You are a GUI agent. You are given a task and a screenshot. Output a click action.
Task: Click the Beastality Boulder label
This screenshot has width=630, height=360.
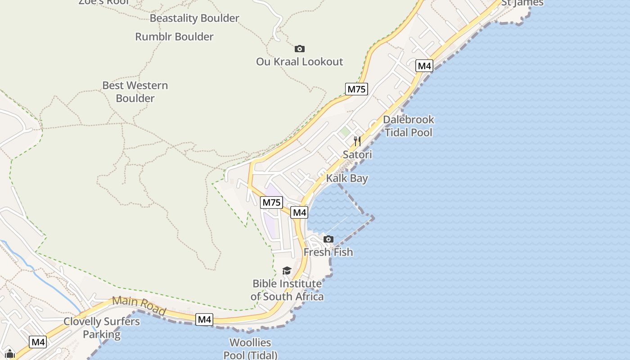194,18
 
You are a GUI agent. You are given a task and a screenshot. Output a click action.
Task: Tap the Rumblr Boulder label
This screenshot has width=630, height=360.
174,37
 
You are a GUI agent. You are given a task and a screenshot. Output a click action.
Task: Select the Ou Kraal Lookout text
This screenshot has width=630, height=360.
300,62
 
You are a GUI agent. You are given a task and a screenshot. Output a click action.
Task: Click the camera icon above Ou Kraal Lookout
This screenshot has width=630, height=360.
300,49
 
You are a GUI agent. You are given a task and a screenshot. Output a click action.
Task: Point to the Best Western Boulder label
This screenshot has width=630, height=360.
135,92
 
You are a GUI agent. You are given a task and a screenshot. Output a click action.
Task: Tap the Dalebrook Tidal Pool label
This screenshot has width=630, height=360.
409,126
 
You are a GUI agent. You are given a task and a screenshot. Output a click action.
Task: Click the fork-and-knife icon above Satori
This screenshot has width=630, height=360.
357,141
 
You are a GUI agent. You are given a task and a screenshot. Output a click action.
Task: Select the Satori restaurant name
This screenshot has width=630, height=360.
357,155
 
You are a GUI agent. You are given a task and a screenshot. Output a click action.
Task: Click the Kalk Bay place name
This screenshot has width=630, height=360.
347,179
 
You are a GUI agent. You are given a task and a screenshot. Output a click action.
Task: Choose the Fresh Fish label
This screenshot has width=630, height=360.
328,252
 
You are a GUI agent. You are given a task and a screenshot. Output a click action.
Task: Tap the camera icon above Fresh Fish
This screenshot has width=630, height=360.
328,239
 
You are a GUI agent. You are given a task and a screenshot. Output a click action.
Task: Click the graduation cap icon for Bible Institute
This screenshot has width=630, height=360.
287,270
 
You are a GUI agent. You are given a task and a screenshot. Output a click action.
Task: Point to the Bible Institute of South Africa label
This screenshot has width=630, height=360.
287,290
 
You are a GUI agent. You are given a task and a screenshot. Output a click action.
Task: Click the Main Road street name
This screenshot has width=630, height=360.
139,305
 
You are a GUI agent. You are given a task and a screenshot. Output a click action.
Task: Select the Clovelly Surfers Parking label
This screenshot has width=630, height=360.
102,328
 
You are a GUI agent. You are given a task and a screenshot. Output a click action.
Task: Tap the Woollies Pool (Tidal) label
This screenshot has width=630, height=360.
251,349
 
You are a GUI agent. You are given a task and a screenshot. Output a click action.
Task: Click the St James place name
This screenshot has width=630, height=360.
522,3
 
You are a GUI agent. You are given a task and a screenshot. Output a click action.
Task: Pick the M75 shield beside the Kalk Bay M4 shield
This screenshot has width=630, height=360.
271,202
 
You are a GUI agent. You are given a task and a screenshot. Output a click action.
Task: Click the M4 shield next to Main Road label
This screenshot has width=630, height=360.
204,319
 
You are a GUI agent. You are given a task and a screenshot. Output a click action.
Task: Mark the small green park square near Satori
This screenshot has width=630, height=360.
345,132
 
